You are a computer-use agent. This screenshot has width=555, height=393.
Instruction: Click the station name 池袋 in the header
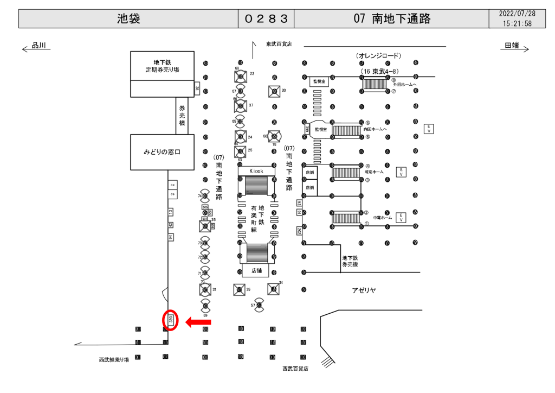pyautogui.click(x=128, y=19)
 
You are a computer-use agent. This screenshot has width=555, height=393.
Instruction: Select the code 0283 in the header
pyautogui.click(x=266, y=19)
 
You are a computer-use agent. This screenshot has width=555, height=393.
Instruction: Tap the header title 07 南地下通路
pyautogui.click(x=392, y=19)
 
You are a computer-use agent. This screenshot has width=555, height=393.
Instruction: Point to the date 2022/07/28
pyautogui.click(x=517, y=14)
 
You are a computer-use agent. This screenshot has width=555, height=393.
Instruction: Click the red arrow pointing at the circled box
pyautogui.click(x=198, y=323)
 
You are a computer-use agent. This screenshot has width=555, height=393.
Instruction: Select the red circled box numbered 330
pyautogui.click(x=171, y=320)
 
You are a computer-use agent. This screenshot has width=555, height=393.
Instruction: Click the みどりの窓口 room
pyautogui.click(x=162, y=152)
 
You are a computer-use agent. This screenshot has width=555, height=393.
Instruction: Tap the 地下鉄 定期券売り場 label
pyautogui.click(x=162, y=66)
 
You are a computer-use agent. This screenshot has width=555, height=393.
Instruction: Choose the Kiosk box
pyautogui.click(x=256, y=170)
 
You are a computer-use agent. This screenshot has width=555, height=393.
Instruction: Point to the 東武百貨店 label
pyautogui.click(x=279, y=44)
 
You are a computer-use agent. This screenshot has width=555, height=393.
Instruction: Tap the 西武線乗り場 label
pyautogui.click(x=114, y=360)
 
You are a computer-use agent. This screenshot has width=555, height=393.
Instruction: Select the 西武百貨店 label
pyautogui.click(x=295, y=369)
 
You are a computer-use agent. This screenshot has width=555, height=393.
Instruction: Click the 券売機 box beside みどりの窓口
pyautogui.click(x=182, y=116)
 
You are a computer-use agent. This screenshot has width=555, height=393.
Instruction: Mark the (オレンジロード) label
pyautogui.click(x=378, y=55)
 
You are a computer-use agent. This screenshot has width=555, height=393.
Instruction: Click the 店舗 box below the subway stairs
pyautogui.click(x=256, y=270)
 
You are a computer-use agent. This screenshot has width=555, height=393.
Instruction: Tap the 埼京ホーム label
pyautogui.click(x=375, y=172)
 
